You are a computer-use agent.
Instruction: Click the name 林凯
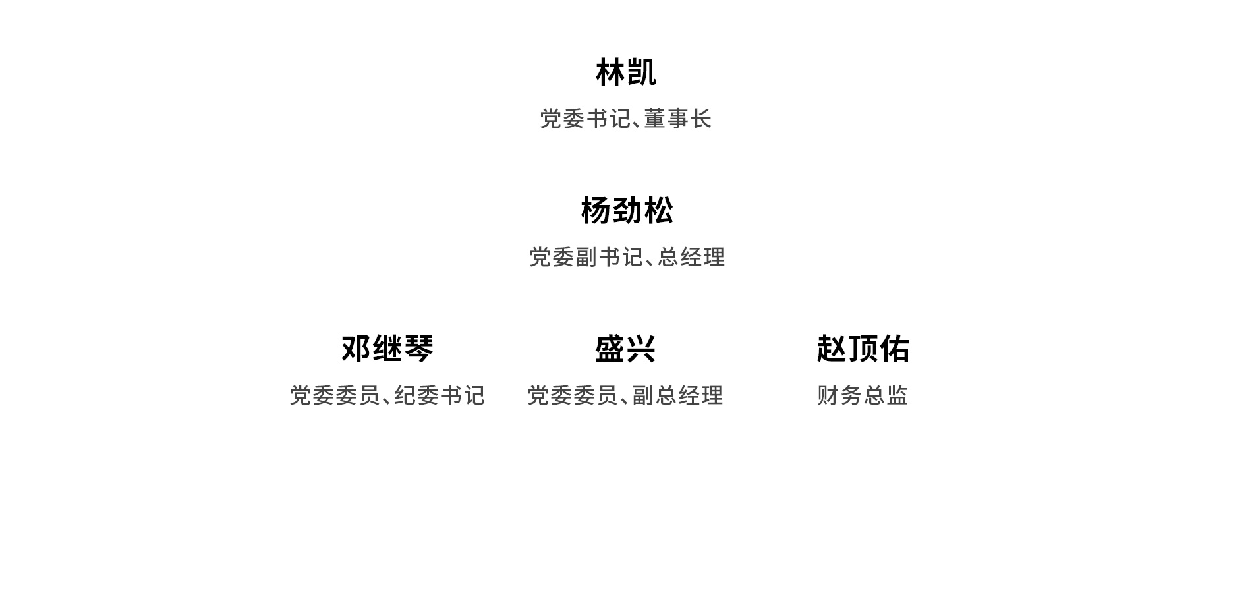626,72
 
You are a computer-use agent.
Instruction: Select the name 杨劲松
627,211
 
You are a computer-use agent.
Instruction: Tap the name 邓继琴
387,349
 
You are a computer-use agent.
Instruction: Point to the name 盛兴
625,349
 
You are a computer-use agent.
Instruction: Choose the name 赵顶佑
863,349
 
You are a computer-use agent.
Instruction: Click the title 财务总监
863,395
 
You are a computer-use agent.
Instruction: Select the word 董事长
678,119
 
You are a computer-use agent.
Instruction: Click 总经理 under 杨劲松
691,257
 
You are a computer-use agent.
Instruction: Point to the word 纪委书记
440,395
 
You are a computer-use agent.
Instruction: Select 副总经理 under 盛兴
678,395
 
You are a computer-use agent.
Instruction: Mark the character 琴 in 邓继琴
419,349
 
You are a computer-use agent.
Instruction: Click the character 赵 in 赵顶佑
832,349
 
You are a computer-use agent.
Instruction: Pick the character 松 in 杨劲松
658,211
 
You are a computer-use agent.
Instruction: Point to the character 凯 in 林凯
642,72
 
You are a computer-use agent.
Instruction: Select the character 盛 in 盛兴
610,349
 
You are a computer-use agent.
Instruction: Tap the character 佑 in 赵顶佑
895,349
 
